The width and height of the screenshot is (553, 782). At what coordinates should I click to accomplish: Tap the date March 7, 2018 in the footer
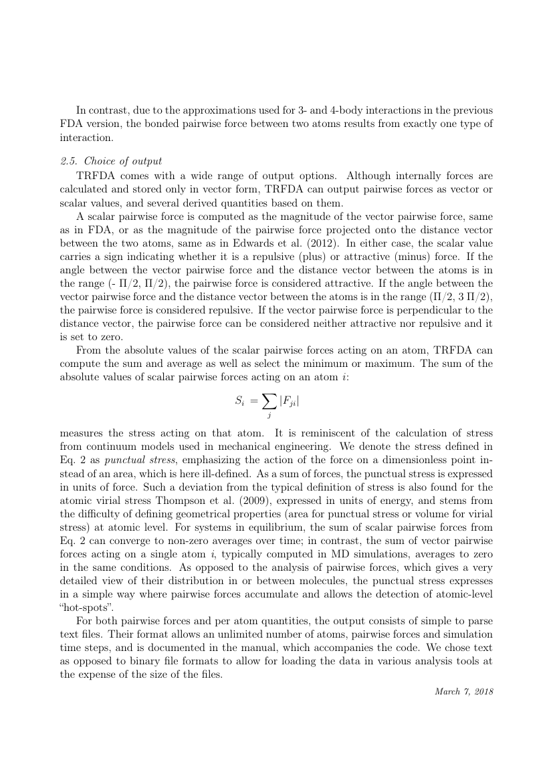pyautogui.click(x=463, y=690)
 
